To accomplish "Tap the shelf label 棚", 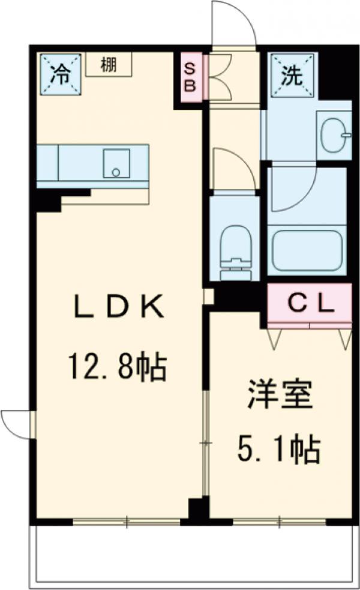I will (x=109, y=64).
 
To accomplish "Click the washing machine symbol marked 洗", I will (x=292, y=74).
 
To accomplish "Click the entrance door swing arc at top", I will (x=232, y=24).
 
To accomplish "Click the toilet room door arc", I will (x=230, y=167).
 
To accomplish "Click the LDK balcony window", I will (x=127, y=522).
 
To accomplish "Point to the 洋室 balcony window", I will (x=280, y=522).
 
